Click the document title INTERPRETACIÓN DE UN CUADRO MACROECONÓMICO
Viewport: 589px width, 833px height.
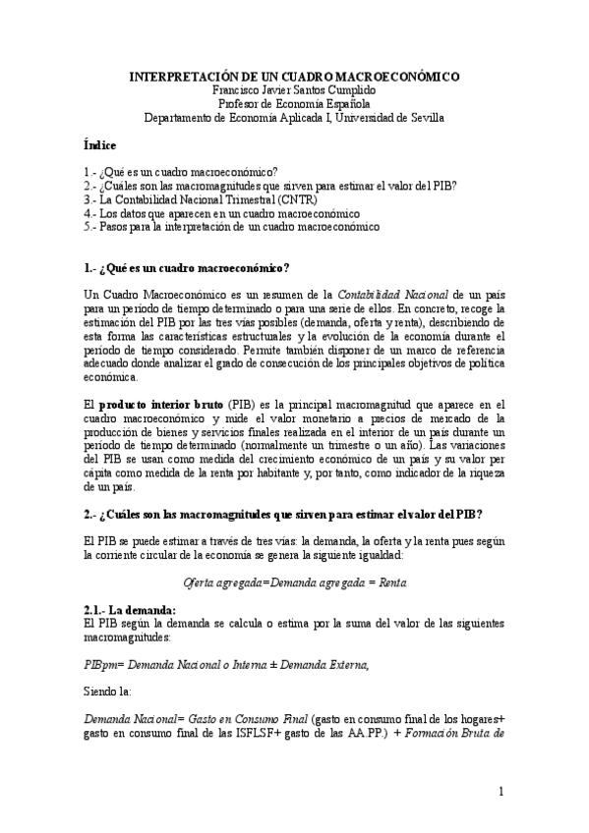pos(293,76)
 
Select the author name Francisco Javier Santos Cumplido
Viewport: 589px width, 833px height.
pos(293,89)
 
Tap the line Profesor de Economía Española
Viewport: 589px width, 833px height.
pos(293,103)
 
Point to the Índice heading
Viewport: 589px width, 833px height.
pos(101,145)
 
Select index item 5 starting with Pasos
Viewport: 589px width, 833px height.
pos(232,226)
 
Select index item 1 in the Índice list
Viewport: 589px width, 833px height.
pos(181,171)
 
